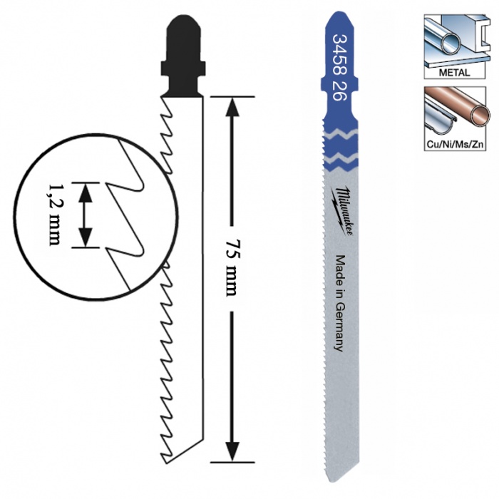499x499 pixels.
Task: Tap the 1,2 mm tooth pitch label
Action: click(53, 214)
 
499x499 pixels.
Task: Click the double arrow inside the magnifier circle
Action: click(86, 215)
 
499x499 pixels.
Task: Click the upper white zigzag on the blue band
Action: click(340, 133)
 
